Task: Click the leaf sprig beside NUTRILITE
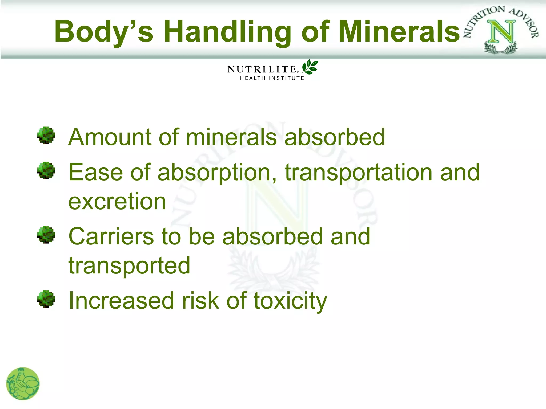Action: [x=310, y=67]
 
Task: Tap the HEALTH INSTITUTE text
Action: [x=272, y=78]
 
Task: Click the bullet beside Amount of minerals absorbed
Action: [x=46, y=136]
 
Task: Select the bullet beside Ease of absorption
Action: [x=46, y=171]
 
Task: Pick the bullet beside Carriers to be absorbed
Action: [x=46, y=235]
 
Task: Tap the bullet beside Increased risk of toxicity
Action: [x=46, y=299]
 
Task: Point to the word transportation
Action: [x=359, y=173]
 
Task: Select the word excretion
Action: [x=117, y=202]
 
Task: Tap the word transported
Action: [x=129, y=265]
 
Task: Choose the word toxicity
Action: [x=290, y=301]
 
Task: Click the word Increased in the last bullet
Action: [x=121, y=301]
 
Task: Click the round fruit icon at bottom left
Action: [x=23, y=384]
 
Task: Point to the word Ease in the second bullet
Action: [x=96, y=173]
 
